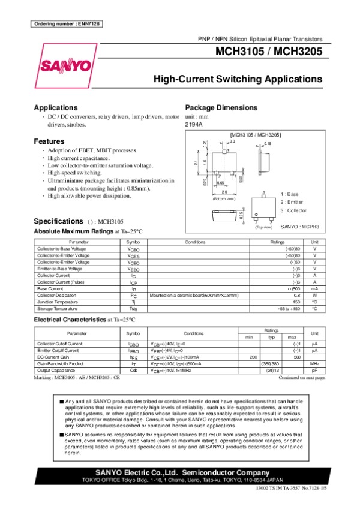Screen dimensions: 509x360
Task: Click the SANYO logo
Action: coord(66,65)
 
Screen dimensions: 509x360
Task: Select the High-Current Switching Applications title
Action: coord(238,79)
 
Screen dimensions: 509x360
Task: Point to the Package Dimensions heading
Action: coord(221,107)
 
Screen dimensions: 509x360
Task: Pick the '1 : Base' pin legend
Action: coord(292,194)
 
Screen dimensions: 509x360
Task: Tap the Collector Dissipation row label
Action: coord(57,295)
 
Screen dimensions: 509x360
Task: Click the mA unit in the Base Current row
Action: coord(314,288)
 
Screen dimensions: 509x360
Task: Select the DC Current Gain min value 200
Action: coord(244,357)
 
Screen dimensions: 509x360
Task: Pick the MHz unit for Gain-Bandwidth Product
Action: coord(314,363)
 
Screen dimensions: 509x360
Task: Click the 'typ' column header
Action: coord(271,337)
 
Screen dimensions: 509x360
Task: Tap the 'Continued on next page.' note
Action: coord(302,377)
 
